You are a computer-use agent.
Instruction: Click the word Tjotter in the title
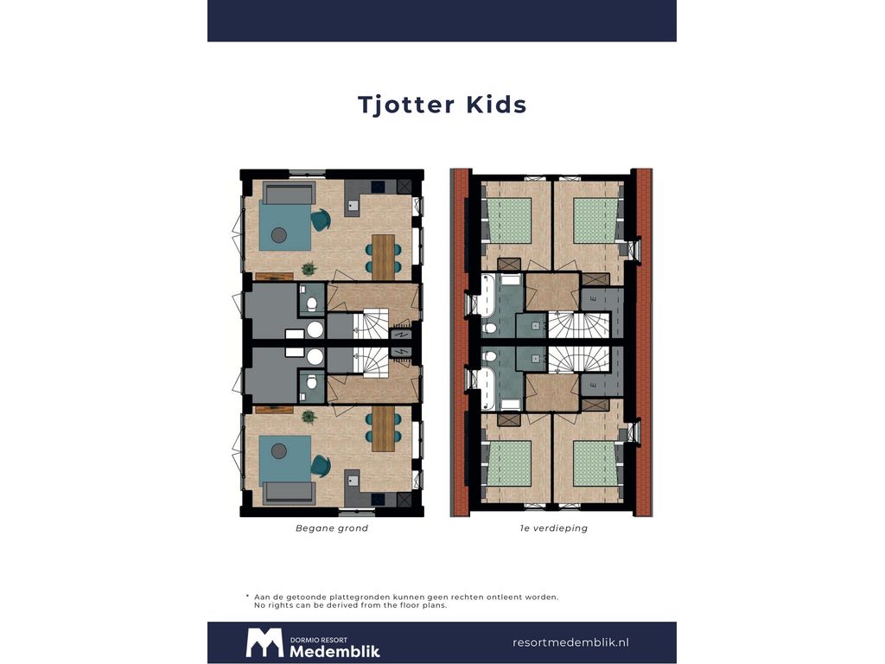point(406,105)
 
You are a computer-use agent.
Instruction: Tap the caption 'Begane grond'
point(332,528)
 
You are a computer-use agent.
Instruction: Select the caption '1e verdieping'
point(554,528)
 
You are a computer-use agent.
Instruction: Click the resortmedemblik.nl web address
point(570,642)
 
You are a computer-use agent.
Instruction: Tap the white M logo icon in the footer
point(264,642)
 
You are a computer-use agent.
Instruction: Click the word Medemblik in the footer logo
point(334,651)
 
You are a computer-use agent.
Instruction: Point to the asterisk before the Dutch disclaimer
point(247,596)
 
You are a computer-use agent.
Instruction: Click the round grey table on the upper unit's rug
point(279,235)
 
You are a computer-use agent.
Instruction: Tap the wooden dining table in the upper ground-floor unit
point(383,258)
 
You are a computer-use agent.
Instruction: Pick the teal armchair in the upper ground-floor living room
point(321,220)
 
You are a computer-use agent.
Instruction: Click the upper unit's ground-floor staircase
point(370,323)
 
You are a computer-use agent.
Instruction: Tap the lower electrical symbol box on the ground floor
point(401,353)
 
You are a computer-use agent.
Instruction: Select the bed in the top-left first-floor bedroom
point(510,220)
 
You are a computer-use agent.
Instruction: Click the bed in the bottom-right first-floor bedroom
point(595,463)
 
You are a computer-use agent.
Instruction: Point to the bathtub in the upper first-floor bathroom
point(487,295)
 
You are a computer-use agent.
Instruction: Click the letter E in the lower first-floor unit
point(593,386)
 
